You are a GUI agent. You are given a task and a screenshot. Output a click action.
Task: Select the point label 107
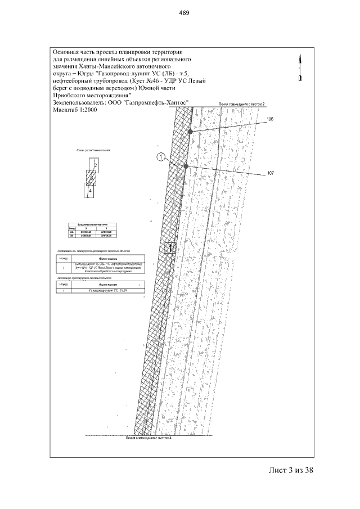click(270, 174)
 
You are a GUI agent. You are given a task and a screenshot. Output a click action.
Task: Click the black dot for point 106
click(191, 131)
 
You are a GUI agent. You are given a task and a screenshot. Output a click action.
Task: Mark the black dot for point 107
click(186, 166)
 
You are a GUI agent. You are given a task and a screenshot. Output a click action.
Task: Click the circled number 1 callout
click(161, 158)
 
